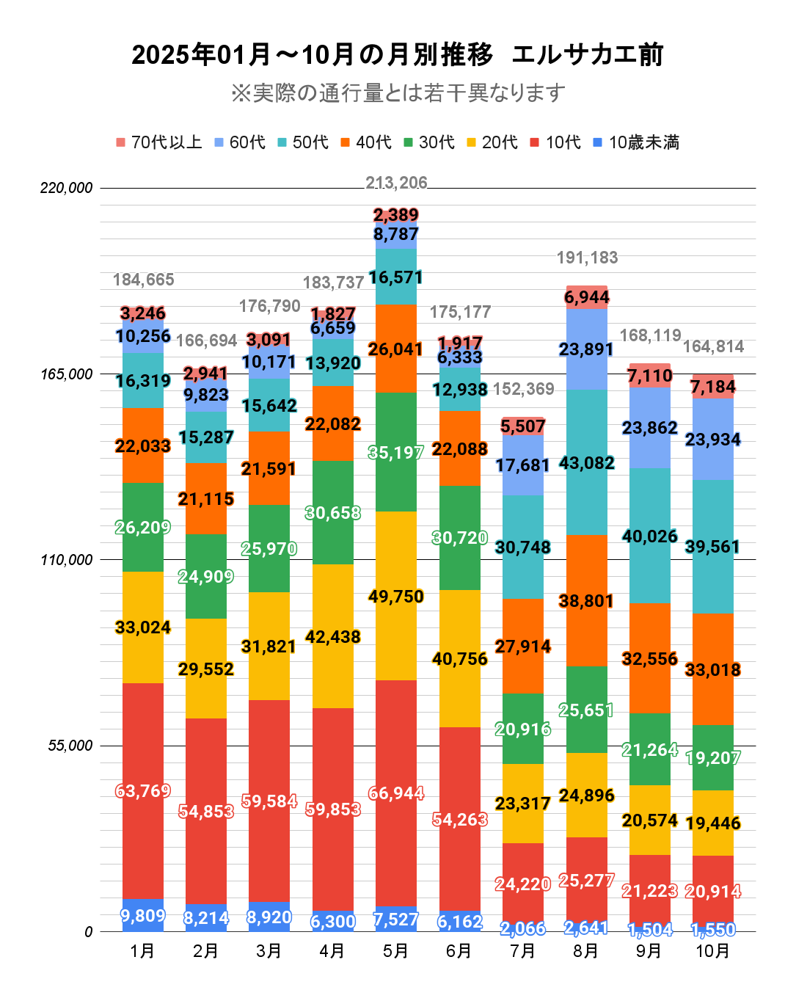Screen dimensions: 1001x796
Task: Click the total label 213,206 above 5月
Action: tap(396, 183)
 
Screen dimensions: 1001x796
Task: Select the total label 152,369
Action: tap(524, 389)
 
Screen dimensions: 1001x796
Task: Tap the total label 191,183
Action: tap(587, 258)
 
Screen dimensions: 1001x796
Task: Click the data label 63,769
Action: tap(143, 791)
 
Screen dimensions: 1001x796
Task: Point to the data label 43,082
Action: tap(587, 463)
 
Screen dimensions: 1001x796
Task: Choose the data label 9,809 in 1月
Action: tap(143, 916)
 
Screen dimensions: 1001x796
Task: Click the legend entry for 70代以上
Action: tap(159, 142)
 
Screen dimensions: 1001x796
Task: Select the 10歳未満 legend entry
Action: tap(636, 142)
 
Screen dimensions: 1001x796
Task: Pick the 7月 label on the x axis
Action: tap(522, 951)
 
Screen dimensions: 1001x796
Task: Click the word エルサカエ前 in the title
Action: tap(587, 55)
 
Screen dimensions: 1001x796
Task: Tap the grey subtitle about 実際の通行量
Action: tap(398, 93)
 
